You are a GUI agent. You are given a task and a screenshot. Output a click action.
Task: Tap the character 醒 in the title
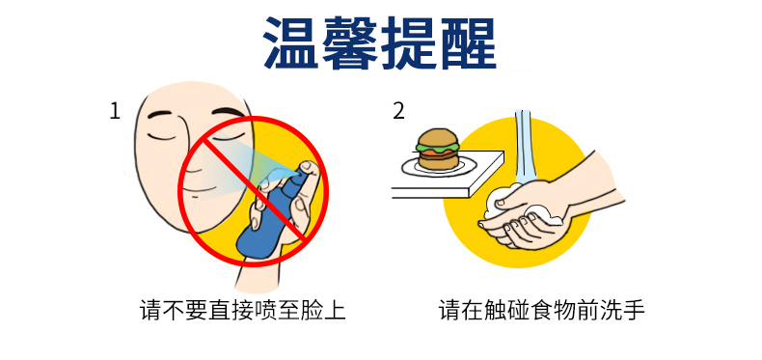tap(468, 42)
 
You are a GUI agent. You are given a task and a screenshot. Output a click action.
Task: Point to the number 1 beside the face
tap(114, 111)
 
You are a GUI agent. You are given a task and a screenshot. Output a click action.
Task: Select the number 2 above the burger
tap(398, 111)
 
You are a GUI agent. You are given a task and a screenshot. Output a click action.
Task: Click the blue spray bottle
tap(270, 214)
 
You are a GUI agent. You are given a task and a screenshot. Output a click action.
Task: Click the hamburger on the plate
tap(437, 149)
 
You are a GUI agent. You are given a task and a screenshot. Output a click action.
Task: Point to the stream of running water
tap(524, 146)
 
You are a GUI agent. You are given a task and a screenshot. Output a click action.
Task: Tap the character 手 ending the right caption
tap(634, 311)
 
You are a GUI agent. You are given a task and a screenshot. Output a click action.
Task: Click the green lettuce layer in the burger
tap(437, 148)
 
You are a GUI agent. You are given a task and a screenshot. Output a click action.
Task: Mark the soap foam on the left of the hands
tap(493, 205)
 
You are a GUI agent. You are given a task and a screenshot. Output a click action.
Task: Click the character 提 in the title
tap(409, 42)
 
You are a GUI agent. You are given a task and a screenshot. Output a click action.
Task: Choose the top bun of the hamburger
tap(437, 137)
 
